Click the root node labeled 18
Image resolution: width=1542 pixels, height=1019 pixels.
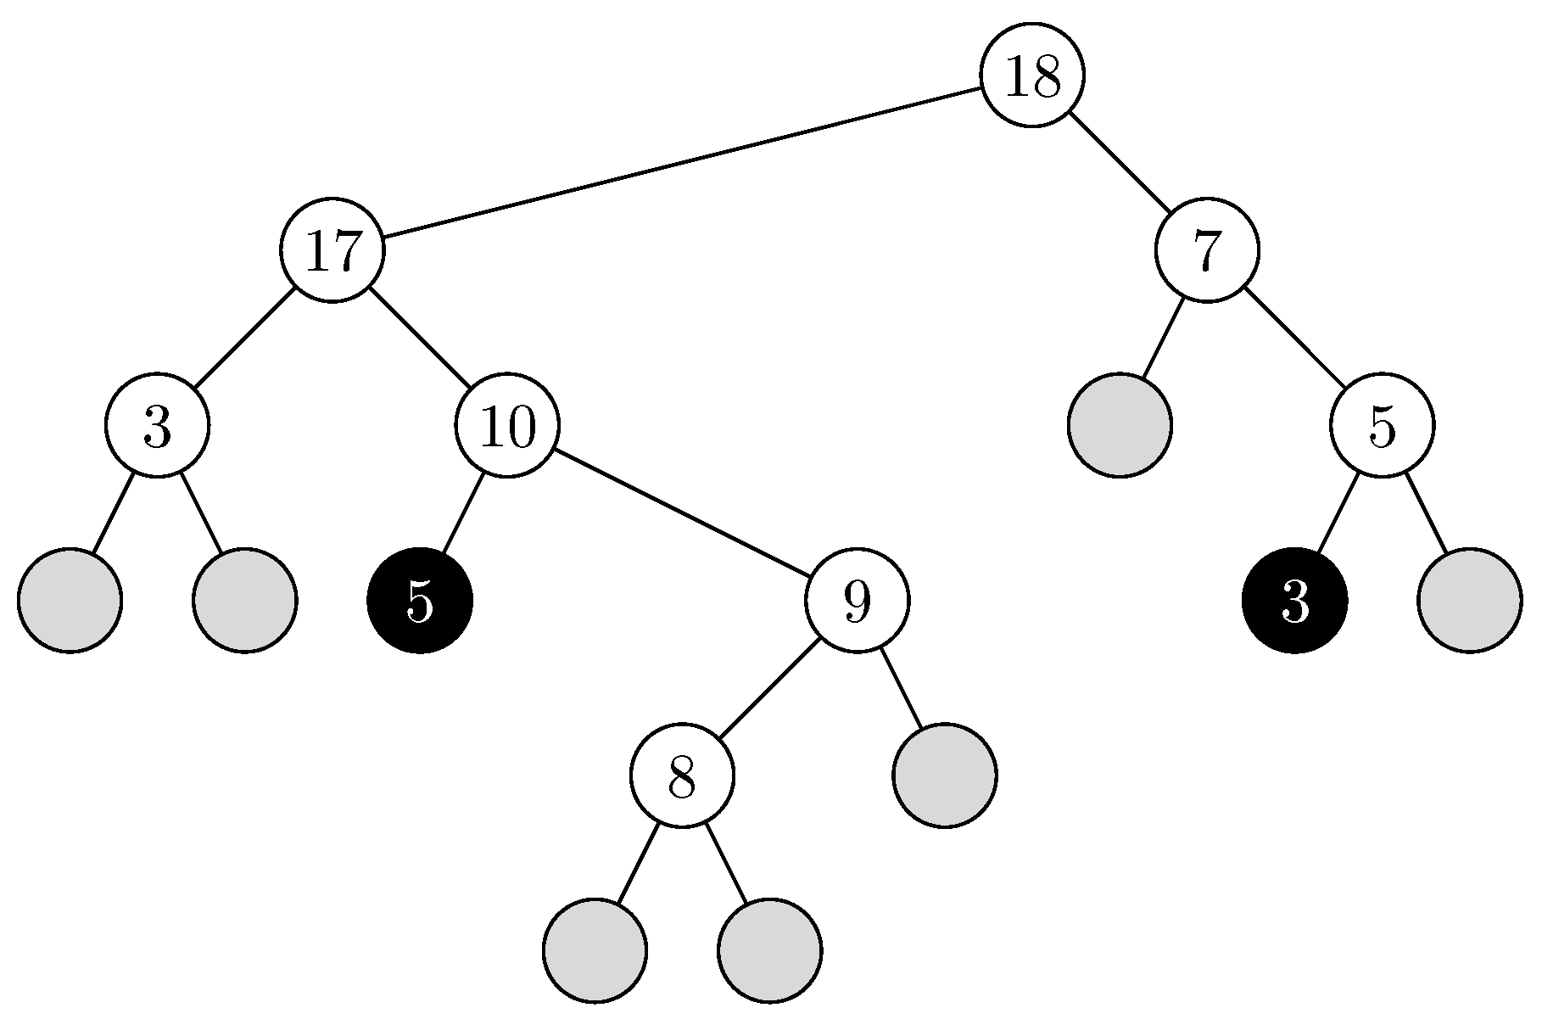[1031, 76]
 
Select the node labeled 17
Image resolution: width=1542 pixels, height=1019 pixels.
[332, 250]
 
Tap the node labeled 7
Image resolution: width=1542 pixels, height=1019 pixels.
[1206, 250]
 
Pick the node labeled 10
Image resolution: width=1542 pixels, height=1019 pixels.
[507, 425]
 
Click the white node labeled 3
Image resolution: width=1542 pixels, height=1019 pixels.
[157, 425]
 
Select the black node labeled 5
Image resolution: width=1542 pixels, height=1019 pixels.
[419, 601]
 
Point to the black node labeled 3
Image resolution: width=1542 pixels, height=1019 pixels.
[1294, 601]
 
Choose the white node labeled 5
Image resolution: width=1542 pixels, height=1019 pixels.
[1382, 425]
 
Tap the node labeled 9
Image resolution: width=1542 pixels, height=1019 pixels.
[857, 601]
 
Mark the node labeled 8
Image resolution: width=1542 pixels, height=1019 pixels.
[682, 775]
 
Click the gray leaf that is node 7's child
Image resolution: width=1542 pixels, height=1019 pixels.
[1120, 425]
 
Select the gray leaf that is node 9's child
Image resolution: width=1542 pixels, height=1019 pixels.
[944, 775]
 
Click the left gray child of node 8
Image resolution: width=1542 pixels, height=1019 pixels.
[595, 950]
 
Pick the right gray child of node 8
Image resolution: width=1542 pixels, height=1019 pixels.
[769, 950]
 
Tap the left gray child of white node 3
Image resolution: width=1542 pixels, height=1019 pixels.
[70, 601]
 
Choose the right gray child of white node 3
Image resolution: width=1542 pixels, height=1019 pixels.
[244, 601]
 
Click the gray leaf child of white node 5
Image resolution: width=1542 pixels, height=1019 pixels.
[1469, 601]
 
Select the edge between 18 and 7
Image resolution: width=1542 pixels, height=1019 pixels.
[1119, 163]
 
